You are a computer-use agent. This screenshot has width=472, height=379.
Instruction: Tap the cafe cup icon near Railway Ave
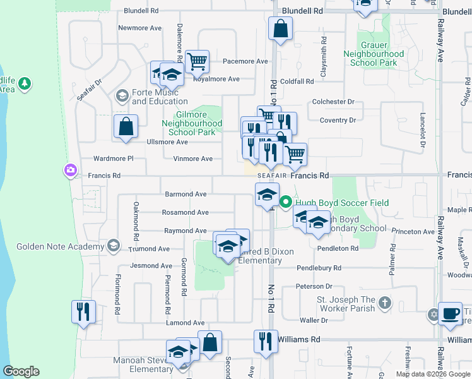[x=449, y=314]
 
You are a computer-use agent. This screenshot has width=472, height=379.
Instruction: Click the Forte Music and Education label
[x=160, y=97]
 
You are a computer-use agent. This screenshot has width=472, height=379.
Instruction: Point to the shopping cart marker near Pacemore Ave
[x=197, y=61]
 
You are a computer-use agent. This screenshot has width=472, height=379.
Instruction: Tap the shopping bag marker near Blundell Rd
[x=280, y=28]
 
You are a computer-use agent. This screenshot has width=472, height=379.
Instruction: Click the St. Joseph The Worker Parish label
[x=346, y=304]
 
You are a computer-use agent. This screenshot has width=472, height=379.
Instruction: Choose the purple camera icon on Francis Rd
[x=69, y=170]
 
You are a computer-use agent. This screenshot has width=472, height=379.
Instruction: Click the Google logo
[x=21, y=371]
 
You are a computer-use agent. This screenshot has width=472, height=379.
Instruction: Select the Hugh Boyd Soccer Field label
[x=343, y=203]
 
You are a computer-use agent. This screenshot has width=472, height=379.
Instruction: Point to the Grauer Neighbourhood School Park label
[x=374, y=54]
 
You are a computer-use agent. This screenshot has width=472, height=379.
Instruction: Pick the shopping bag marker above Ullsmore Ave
[x=126, y=126]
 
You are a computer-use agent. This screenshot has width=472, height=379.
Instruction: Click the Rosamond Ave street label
[x=185, y=213]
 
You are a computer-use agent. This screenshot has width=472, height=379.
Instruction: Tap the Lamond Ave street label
[x=186, y=323]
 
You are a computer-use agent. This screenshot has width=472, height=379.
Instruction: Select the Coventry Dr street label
[x=338, y=120]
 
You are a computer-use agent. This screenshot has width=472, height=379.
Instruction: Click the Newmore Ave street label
[x=141, y=28]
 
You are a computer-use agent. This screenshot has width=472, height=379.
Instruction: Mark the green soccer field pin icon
[x=285, y=203]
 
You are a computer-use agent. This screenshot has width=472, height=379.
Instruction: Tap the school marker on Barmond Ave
[x=267, y=194]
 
